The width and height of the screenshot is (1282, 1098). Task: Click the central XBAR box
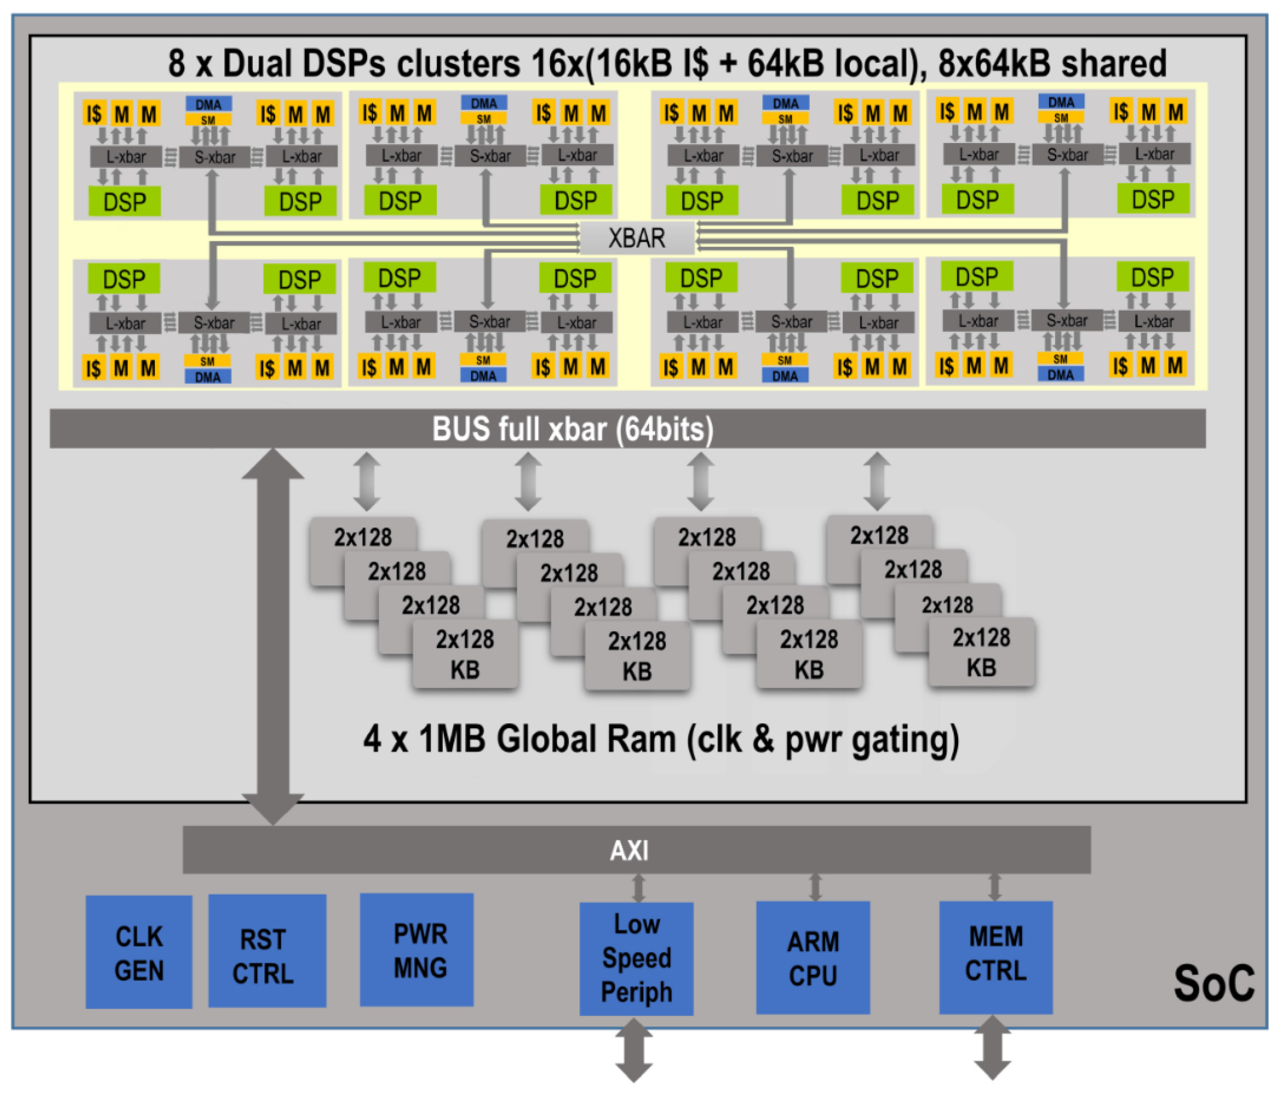coord(637,238)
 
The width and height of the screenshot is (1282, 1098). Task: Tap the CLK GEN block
coord(138,952)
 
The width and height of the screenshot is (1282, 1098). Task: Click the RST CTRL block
coord(267,951)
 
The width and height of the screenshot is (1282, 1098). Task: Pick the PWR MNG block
coord(416,950)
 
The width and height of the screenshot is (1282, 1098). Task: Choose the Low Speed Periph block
coord(636,958)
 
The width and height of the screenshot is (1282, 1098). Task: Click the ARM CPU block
coord(812,957)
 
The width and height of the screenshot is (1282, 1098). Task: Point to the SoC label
coord(1213,983)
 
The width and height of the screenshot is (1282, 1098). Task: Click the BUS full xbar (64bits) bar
coord(628,429)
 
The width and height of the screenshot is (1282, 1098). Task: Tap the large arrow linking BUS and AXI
coord(272,637)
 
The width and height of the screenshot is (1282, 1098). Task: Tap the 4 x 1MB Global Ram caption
coord(661,739)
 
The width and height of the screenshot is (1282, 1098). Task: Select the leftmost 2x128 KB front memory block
coord(464,654)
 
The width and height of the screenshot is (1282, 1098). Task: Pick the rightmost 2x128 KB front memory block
coord(981,652)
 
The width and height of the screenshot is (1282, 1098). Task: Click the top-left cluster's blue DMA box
coord(209,104)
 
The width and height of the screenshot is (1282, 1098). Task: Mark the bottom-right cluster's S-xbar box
coord(1067,321)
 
